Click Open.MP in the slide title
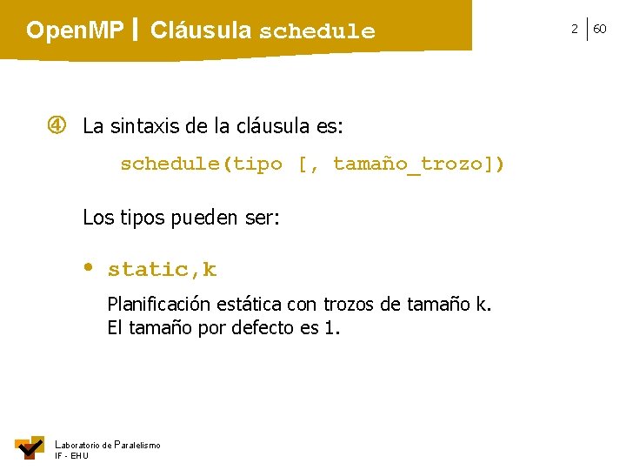point(75,31)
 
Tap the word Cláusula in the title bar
point(201,31)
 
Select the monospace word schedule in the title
point(317,32)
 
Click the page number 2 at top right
point(574,30)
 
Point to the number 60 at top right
point(600,30)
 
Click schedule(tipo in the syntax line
point(201,164)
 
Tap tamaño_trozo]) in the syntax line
point(418,164)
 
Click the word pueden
point(196,218)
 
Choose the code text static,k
point(162,270)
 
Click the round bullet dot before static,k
point(89,267)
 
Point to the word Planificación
point(157,305)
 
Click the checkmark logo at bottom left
point(30,446)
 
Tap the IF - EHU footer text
point(71,455)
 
